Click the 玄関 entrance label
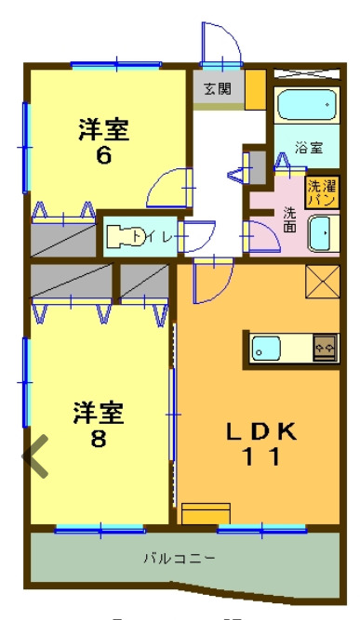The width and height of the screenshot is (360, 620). click(x=218, y=89)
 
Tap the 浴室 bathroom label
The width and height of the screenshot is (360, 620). click(x=309, y=147)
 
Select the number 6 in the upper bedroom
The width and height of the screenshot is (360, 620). click(x=103, y=155)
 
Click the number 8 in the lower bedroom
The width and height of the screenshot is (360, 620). click(x=98, y=439)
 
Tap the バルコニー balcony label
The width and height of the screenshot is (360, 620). click(x=180, y=559)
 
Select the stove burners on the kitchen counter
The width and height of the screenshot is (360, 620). click(x=327, y=348)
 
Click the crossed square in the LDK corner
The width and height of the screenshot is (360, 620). click(x=323, y=283)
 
